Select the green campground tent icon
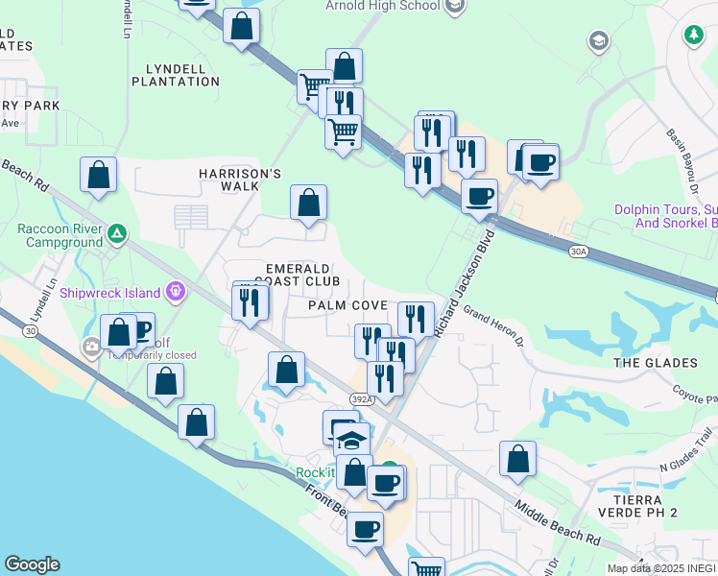point(117,233)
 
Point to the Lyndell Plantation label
point(182,75)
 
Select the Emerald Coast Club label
point(302,275)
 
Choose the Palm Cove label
point(347,305)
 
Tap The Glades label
point(655,363)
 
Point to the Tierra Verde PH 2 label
point(643,507)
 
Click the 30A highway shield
point(577,252)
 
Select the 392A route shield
point(358,398)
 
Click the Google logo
point(32,564)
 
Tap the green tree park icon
point(693,36)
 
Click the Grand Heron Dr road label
point(495,325)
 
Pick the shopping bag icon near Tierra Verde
point(517,460)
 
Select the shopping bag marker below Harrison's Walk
point(308,204)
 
